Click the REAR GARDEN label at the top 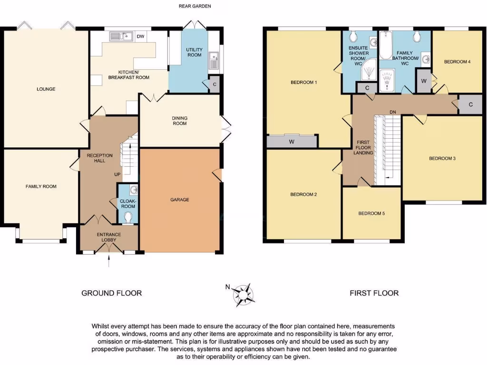[x=195, y=6]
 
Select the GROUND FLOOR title [x=111, y=293]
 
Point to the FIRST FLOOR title [x=374, y=293]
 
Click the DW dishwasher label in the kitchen [x=140, y=36]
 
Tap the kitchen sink [x=119, y=36]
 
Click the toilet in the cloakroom [x=127, y=217]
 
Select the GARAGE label [x=180, y=200]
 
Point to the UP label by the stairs [x=117, y=174]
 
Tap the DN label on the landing [x=393, y=112]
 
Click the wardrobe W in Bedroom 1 [x=292, y=141]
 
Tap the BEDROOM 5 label [x=371, y=213]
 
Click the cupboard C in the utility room [x=214, y=84]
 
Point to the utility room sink [x=214, y=60]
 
